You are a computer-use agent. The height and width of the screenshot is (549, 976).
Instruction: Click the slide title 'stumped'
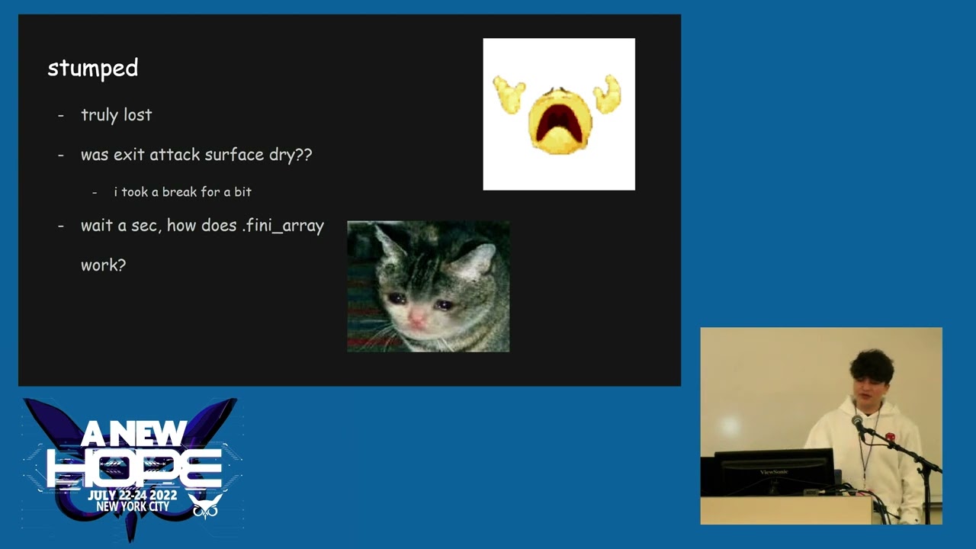pos(92,69)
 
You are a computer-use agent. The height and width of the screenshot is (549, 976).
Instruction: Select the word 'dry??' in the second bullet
pos(291,155)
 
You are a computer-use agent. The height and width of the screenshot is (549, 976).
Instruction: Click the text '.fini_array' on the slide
pos(284,226)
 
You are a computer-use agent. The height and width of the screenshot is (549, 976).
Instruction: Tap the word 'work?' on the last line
pos(103,265)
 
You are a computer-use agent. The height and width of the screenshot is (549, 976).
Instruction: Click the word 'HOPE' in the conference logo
pos(134,466)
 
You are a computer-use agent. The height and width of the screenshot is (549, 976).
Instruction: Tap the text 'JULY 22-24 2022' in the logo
pos(132,496)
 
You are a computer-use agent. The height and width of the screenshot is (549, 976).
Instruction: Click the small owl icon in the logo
pos(207,506)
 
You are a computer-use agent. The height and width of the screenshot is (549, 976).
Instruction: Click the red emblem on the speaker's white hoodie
pos(890,438)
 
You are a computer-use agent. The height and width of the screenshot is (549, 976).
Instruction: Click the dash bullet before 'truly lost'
pos(61,115)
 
